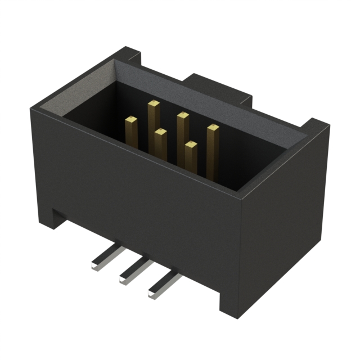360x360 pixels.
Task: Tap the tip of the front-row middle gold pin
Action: (160, 133)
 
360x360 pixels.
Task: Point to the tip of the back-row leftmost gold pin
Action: (153, 103)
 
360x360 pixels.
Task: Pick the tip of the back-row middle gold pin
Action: (182, 116)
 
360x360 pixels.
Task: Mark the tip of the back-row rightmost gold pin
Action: (212, 129)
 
